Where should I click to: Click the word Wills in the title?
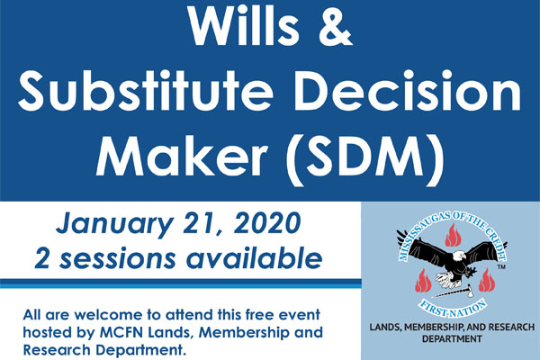244,25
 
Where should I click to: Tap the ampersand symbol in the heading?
335,25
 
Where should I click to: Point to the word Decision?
408,91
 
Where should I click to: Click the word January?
113,224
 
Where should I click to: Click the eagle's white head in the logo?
458,256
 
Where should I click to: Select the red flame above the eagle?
452,235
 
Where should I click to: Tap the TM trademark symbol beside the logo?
501,267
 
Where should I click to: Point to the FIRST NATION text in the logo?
452,310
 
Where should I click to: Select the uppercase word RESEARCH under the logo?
508,326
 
